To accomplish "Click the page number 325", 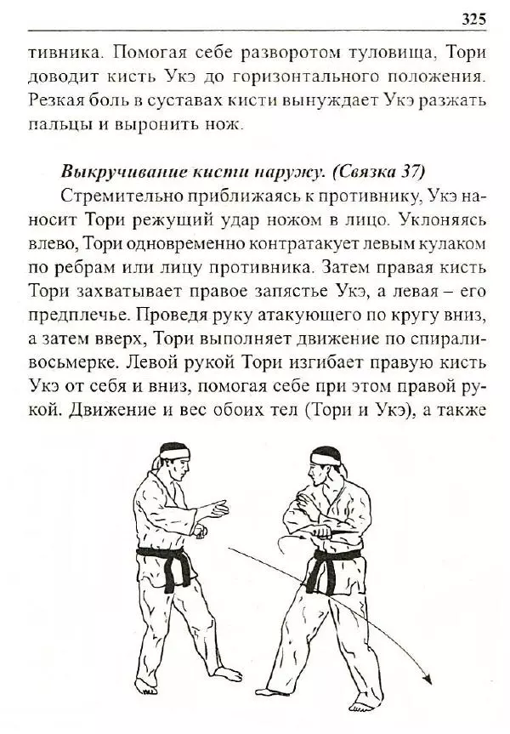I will pyautogui.click(x=473, y=18).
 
